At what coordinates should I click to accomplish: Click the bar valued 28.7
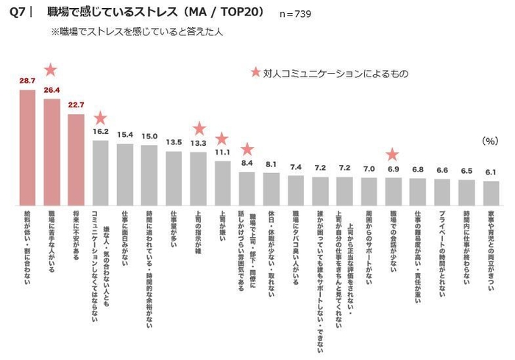pos(28,147)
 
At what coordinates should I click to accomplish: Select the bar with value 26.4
pos(52,152)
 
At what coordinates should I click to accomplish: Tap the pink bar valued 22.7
pos(77,159)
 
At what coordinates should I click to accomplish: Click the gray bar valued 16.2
pos(101,172)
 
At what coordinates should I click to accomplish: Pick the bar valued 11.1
pos(223,183)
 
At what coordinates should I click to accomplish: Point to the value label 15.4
pos(125,135)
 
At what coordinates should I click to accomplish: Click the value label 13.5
pos(174,142)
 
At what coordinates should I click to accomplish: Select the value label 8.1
pos(271,164)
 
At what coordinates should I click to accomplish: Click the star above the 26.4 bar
pos(51,70)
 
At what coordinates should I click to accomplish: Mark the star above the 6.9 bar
pos(393,155)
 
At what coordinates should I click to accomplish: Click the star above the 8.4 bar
pos(247,149)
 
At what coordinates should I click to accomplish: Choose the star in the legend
pos(255,73)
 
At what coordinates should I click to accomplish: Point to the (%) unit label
pos(489,140)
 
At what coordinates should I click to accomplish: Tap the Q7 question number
pos(16,13)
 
